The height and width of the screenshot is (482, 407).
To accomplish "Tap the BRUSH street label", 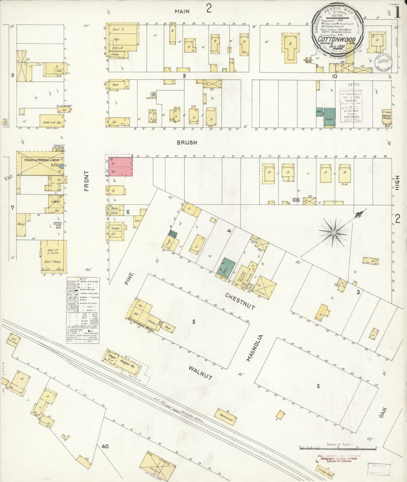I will [187, 143].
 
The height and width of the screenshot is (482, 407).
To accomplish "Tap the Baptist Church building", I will [387, 116].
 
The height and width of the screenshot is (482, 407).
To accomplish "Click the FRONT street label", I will [86, 181].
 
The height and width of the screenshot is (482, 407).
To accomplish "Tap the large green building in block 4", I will [228, 266].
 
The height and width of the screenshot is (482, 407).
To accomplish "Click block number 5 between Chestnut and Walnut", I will [194, 322].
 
